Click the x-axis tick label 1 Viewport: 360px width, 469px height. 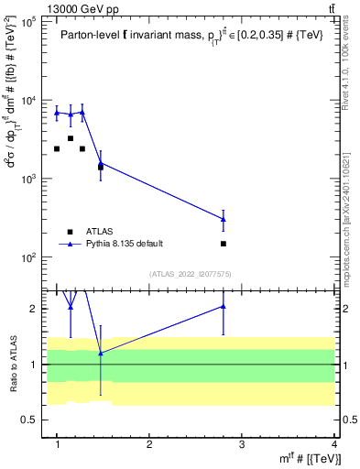click(x=57, y=444)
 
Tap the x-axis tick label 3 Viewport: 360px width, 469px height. click(x=242, y=444)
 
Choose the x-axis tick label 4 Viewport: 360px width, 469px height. click(x=334, y=444)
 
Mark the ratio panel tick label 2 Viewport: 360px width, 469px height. click(x=33, y=309)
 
